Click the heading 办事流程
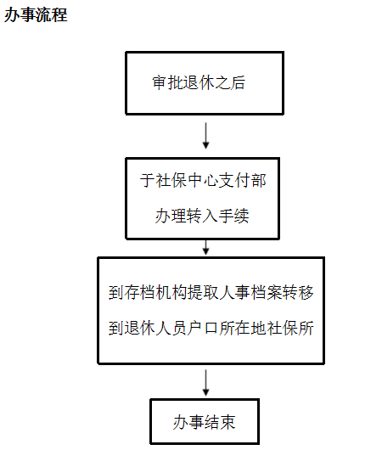tap(36, 14)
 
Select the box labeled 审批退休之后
tap(205, 83)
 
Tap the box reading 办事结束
tap(205, 422)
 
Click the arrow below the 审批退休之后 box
tap(205, 136)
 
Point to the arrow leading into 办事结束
tap(205, 383)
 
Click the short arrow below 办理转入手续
tap(205, 247)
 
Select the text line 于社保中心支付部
tap(203, 181)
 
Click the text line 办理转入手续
tap(202, 216)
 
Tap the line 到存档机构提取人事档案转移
tap(211, 292)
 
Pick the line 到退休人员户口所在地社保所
tap(211, 329)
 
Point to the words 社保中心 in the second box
tap(187, 181)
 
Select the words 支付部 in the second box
tap(243, 181)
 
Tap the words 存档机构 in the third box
tap(155, 292)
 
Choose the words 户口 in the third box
tap(203, 329)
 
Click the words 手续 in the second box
tap(234, 216)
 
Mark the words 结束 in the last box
tap(220, 422)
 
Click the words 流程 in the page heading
tap(52, 14)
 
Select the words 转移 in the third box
tap(298, 292)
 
